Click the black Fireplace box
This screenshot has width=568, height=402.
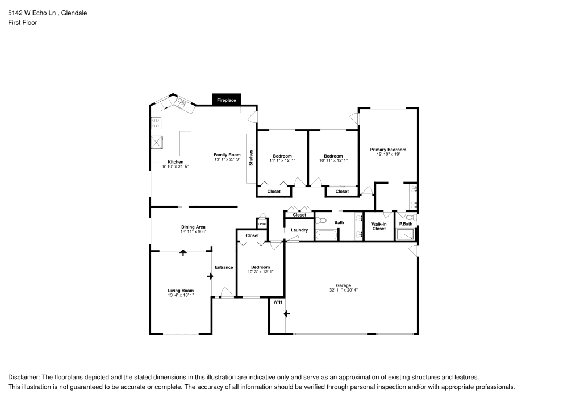[227, 100]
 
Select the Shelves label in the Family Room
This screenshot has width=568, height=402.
[250, 158]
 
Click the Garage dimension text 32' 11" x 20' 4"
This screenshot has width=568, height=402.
[343, 290]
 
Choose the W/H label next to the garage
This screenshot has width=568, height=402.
[277, 302]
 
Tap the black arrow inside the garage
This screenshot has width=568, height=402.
[287, 313]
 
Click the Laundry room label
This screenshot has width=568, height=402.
[299, 230]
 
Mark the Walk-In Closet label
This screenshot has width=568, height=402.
[379, 226]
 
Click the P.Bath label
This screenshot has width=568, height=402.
[406, 224]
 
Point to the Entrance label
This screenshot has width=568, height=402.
[224, 267]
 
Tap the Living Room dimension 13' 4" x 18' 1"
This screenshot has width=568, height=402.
[181, 295]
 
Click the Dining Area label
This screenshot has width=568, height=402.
[193, 226]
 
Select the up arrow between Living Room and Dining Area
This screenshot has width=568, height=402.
[182, 253]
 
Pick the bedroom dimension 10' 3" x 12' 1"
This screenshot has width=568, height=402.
[261, 272]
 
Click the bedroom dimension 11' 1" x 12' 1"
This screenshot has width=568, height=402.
[282, 160]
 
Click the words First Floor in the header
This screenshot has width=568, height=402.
[22, 23]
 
